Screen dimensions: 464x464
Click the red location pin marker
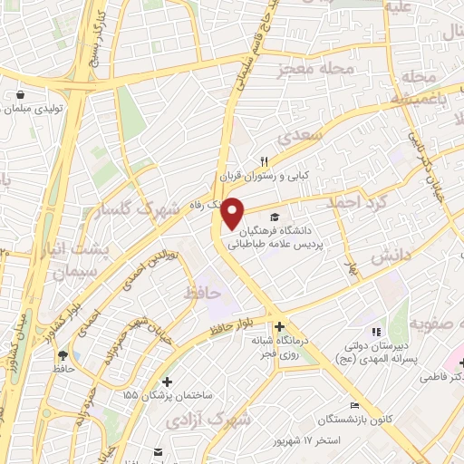click(233, 213)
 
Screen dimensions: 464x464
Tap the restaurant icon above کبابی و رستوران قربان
click(265, 159)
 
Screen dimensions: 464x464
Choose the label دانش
click(391, 256)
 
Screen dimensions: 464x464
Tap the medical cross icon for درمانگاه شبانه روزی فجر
click(279, 326)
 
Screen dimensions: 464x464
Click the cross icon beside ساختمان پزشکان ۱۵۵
click(166, 382)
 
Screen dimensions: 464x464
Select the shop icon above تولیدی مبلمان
click(19, 94)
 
